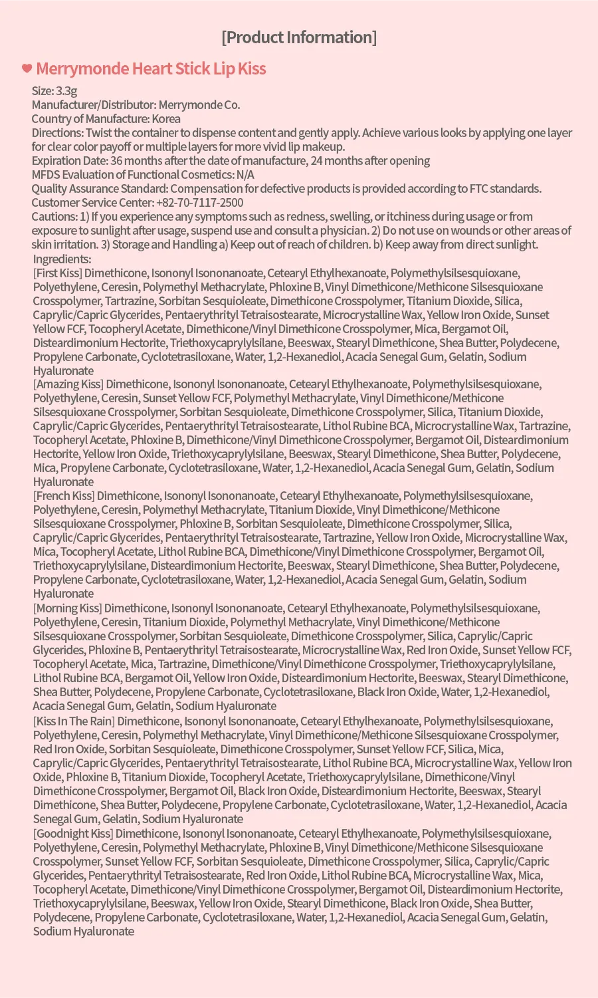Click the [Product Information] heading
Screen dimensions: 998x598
point(299,37)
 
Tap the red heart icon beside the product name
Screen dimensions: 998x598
point(27,68)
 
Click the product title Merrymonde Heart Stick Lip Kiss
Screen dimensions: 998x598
point(151,69)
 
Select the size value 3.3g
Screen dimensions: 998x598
point(66,91)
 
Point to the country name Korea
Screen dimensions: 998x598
point(165,119)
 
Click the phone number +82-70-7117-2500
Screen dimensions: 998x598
point(199,203)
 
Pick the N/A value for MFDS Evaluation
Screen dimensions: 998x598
point(245,175)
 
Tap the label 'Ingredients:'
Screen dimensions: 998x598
point(62,259)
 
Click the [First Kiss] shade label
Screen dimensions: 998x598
point(58,273)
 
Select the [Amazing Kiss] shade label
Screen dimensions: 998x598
point(68,384)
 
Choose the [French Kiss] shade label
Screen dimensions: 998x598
point(64,496)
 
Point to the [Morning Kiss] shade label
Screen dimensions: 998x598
point(68,608)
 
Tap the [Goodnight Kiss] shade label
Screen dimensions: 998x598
point(73,834)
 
